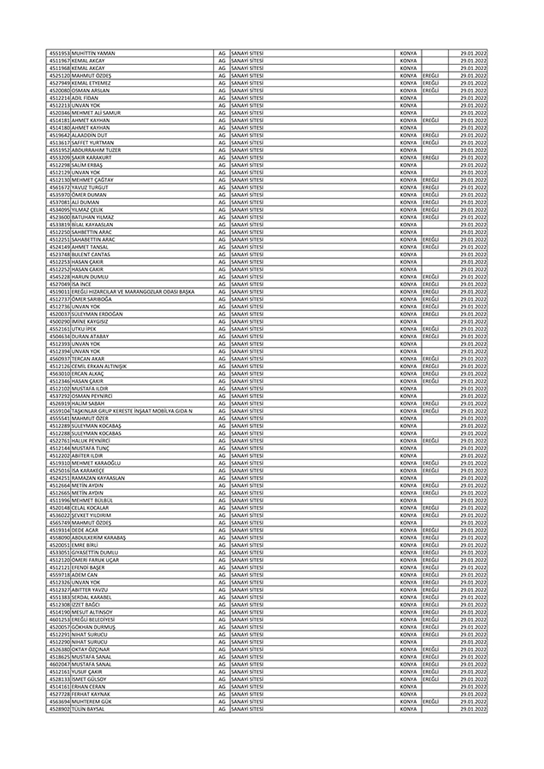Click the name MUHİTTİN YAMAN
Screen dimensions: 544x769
click(94, 54)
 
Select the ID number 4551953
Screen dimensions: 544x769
click(59, 54)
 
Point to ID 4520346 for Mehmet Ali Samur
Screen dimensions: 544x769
click(59, 113)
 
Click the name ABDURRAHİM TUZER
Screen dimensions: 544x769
click(98, 150)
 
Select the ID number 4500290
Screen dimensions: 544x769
click(59, 321)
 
